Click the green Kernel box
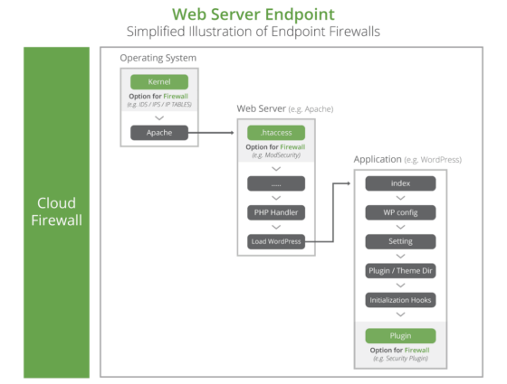(158, 81)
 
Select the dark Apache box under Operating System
(158, 132)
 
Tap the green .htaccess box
(275, 132)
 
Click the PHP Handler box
(275, 212)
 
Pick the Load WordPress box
(275, 241)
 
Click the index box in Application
(400, 183)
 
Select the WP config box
(400, 212)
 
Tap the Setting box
(400, 241)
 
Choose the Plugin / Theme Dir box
(400, 270)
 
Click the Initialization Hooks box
(400, 299)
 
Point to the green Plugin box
(400, 335)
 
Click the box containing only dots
(275, 183)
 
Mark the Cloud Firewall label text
(56, 211)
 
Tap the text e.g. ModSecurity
(275, 156)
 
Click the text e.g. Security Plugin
(400, 359)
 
